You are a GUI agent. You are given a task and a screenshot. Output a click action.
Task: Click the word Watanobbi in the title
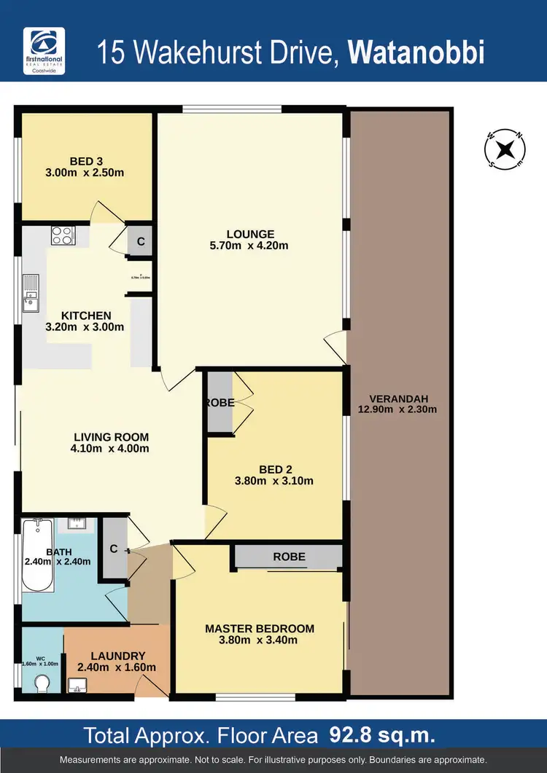tap(416, 53)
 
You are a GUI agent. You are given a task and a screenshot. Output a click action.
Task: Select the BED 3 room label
tap(87, 161)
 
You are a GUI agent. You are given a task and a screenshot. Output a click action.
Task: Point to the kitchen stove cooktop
tap(62, 235)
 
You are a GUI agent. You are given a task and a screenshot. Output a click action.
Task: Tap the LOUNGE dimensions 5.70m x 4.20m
tap(249, 246)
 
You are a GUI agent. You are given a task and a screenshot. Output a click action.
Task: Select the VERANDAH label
tap(397, 399)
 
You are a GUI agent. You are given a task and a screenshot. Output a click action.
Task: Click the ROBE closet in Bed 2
tap(220, 403)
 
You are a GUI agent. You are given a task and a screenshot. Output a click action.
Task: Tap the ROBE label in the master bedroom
tap(289, 557)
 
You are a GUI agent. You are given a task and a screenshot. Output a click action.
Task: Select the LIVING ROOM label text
tap(111, 437)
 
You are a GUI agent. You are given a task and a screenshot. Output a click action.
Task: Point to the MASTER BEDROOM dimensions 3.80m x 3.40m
tap(260, 640)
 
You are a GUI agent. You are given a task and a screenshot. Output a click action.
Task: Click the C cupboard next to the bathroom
tap(114, 549)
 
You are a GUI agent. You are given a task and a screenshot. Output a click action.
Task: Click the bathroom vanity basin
tap(77, 523)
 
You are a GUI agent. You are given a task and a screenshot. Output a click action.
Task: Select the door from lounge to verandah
tap(334, 345)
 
